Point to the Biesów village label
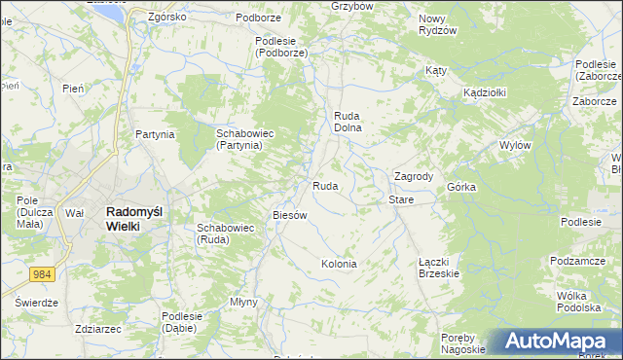pos(290,215)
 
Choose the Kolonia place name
pos(339,264)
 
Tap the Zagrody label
pos(413,176)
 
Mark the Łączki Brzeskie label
pos(438,268)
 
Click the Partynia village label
pos(155,134)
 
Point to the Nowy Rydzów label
pos(437,24)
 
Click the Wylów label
pos(514,145)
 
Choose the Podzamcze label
pos(577,261)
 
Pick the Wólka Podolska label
pos(578,301)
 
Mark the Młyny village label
pos(243,302)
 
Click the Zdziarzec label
pos(96,329)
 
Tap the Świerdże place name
pos(37,303)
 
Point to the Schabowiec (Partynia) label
pos(238,138)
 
